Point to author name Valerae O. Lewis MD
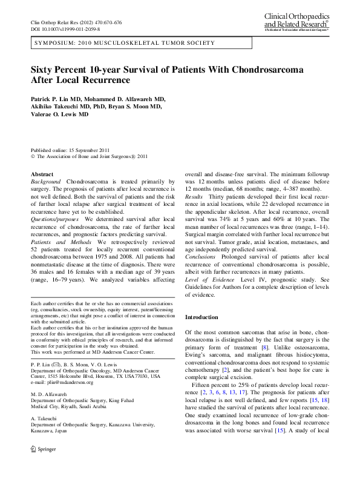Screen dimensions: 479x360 coord(59,114)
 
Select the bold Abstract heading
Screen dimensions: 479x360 coord(42,174)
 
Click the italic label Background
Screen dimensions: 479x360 coord(45,182)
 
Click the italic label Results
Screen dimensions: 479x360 coord(194,197)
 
